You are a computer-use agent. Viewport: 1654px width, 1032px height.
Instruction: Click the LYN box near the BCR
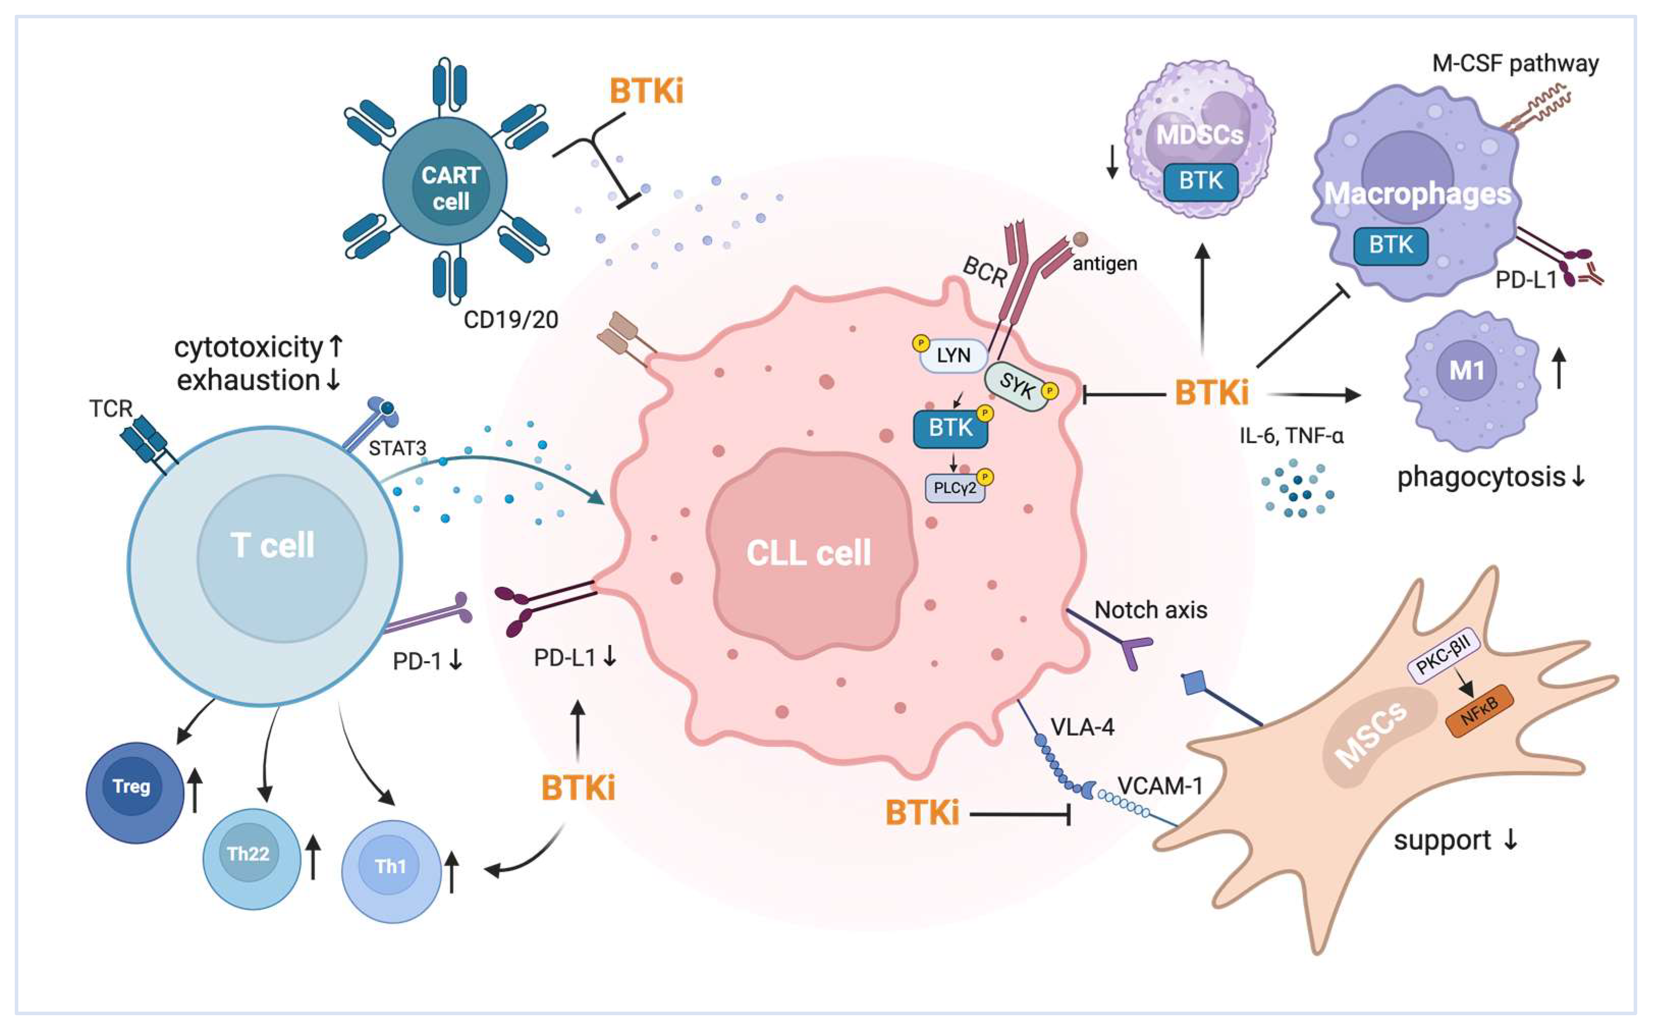pos(953,356)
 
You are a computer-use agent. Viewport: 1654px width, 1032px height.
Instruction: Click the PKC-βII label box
pos(1444,655)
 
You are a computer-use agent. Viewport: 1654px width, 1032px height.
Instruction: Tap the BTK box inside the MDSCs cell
pos(1200,181)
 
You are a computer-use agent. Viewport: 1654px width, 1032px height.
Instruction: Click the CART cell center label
pos(450,187)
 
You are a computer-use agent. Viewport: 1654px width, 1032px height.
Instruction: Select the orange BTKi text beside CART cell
pos(646,92)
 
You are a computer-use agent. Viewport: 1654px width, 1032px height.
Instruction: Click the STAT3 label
pos(397,448)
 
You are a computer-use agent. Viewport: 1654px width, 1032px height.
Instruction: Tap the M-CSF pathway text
pos(1515,64)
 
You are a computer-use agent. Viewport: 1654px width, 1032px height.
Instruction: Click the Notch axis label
pos(1150,610)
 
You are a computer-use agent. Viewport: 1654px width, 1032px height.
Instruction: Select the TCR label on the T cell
pos(111,409)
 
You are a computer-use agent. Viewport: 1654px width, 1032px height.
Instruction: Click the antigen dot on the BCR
pos(1080,239)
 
